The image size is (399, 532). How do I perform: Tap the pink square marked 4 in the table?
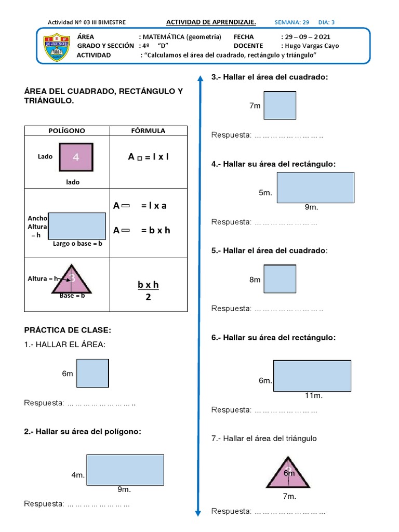click(76, 157)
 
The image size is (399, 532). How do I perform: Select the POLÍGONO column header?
click(67, 131)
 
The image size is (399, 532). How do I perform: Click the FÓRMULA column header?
click(148, 131)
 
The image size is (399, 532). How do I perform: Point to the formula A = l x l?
click(149, 157)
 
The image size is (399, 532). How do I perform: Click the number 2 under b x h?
click(148, 298)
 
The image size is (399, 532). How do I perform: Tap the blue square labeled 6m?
click(92, 374)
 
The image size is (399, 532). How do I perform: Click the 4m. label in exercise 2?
click(78, 475)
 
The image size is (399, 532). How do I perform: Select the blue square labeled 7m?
click(280, 105)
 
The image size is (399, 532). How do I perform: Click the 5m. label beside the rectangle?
click(265, 193)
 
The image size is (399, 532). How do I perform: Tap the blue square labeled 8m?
click(280, 279)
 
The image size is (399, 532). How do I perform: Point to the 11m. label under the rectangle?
click(314, 396)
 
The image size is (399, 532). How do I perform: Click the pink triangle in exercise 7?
click(289, 474)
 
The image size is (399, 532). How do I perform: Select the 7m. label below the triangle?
click(289, 496)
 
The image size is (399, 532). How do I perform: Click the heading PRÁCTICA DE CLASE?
click(68, 330)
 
